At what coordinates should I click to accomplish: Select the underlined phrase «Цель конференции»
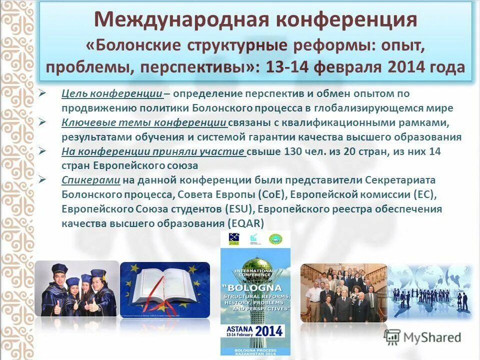(x=112, y=93)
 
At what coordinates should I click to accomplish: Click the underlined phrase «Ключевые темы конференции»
(x=144, y=122)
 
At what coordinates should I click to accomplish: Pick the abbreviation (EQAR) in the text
(x=245, y=223)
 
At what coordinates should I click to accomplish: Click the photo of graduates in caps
(x=77, y=289)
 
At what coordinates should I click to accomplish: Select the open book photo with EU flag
(x=165, y=289)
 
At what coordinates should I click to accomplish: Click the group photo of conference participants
(x=343, y=292)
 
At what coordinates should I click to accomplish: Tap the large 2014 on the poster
(x=268, y=331)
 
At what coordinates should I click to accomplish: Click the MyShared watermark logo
(x=422, y=337)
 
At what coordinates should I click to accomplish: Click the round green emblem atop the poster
(x=274, y=239)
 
